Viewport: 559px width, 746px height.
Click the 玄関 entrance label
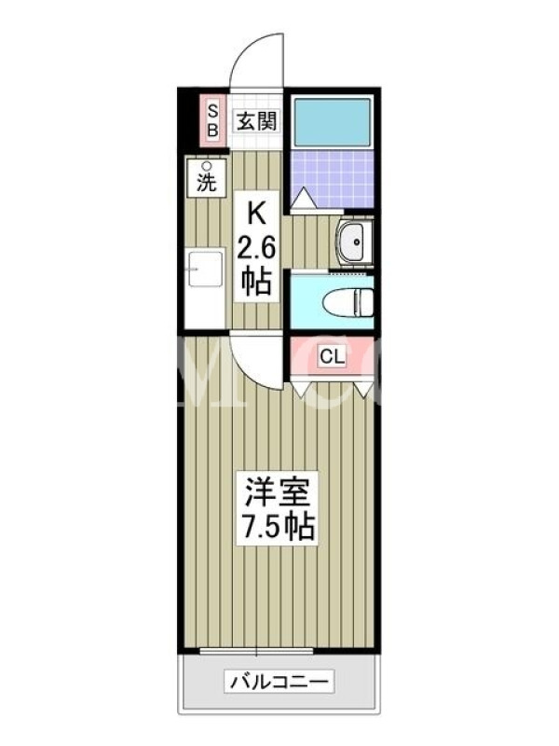(257, 122)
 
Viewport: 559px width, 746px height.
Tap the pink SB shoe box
(212, 121)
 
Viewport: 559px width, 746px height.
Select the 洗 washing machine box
(206, 178)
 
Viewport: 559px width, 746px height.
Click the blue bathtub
(332, 121)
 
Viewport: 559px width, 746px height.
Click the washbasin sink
(353, 242)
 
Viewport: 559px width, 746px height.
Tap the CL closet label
(333, 356)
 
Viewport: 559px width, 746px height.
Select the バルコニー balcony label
(279, 683)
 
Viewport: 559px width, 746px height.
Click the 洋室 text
(278, 491)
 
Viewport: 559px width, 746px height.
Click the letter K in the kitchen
(256, 214)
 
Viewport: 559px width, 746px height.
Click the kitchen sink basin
(205, 269)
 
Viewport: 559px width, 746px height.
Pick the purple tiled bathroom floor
(332, 179)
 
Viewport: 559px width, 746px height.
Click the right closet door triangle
(365, 389)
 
